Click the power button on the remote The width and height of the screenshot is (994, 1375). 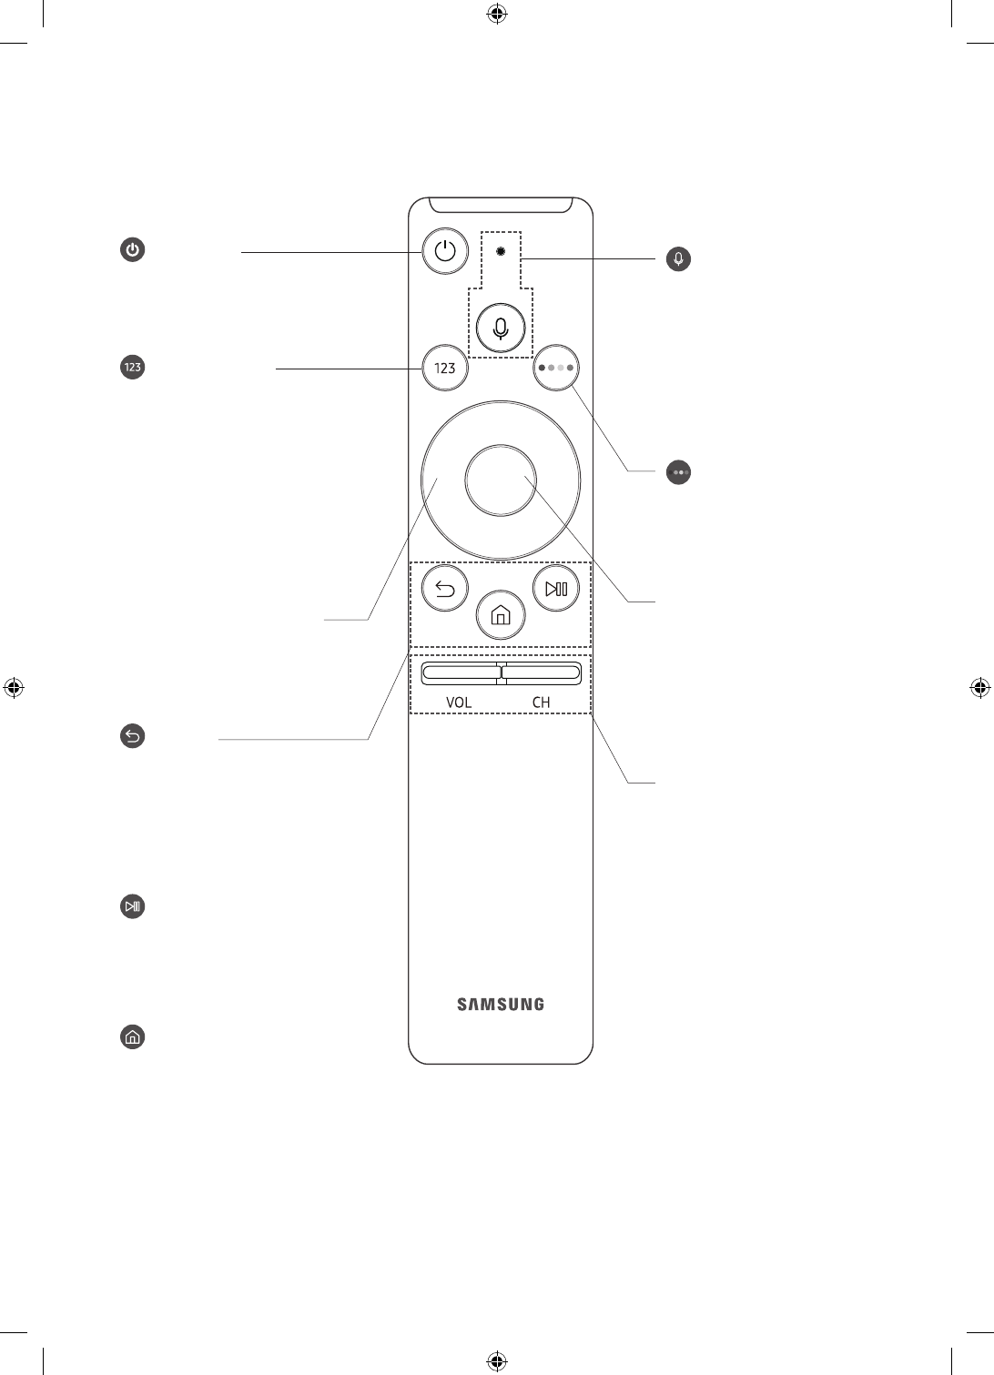pos(445,250)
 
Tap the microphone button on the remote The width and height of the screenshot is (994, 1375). pos(500,327)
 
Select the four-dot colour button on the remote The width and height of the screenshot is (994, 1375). pos(555,369)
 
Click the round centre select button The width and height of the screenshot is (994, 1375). pos(500,479)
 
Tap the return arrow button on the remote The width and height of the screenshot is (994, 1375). pos(445,589)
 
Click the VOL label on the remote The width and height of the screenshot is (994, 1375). pos(459,703)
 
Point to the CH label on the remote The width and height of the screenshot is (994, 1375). pos(542,703)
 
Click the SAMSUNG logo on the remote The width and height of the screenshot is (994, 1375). pos(500,1005)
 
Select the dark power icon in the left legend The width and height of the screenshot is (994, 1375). pos(133,250)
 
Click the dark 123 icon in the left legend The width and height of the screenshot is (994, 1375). pos(133,368)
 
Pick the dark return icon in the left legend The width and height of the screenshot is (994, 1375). pos(133,736)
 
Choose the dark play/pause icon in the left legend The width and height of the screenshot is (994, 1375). pos(133,906)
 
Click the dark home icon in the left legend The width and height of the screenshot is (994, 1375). pos(133,1036)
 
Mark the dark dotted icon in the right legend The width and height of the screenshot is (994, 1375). pos(678,472)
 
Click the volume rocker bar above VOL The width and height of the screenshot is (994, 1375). pos(459,672)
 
